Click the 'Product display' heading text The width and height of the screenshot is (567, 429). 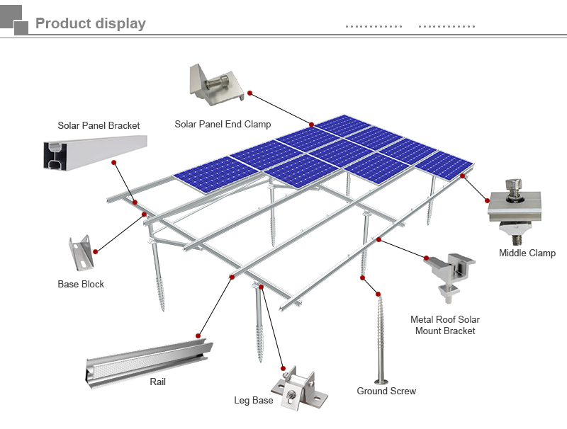[90, 23]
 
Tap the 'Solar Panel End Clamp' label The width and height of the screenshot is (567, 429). [223, 125]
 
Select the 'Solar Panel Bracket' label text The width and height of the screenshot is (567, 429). [99, 125]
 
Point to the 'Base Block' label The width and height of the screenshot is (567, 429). [81, 284]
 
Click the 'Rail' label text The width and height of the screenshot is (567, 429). [157, 382]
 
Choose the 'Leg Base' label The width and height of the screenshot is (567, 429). [254, 401]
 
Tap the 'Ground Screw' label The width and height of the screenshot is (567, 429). [386, 391]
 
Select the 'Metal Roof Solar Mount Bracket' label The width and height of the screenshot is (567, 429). [445, 325]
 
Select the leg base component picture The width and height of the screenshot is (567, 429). [301, 390]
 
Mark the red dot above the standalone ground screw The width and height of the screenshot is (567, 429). [379, 293]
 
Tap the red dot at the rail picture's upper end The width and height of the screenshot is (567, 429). [199, 336]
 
